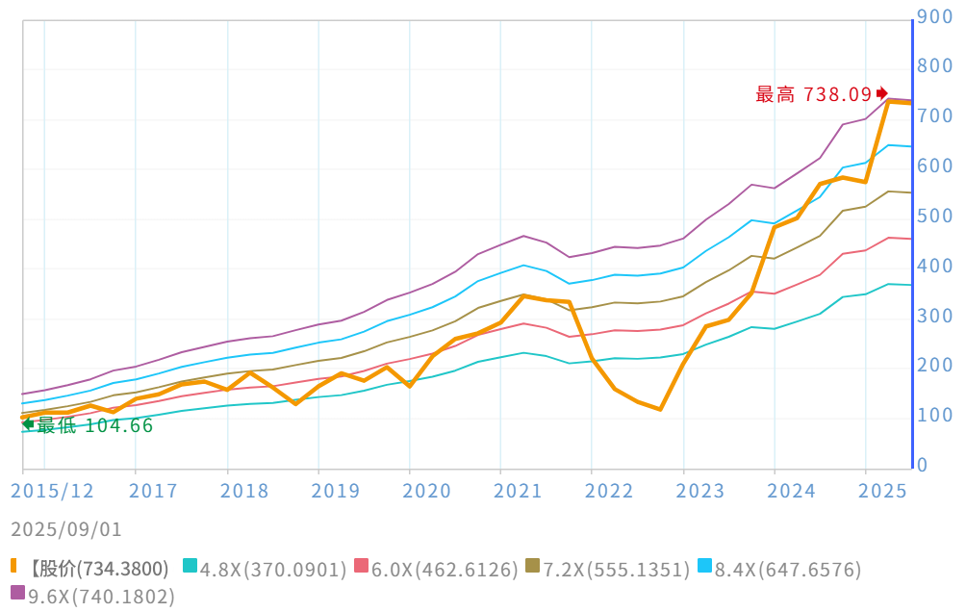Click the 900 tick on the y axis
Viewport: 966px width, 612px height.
point(934,16)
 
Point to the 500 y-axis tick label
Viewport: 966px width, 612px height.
point(934,217)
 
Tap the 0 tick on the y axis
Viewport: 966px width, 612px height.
point(923,466)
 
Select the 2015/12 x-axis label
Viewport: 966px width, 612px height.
point(53,491)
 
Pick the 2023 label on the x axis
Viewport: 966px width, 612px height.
point(700,491)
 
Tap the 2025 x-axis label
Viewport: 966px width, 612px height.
point(883,491)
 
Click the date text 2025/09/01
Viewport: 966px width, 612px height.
point(66,529)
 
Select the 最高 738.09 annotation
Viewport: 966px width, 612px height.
point(814,94)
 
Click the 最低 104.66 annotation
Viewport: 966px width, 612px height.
point(94,425)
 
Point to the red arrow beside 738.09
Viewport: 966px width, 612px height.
point(882,93)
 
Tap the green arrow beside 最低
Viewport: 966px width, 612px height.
point(28,423)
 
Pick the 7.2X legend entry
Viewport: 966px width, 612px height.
point(616,569)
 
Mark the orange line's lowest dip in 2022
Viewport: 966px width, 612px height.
point(660,409)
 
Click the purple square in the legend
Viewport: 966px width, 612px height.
point(17,594)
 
